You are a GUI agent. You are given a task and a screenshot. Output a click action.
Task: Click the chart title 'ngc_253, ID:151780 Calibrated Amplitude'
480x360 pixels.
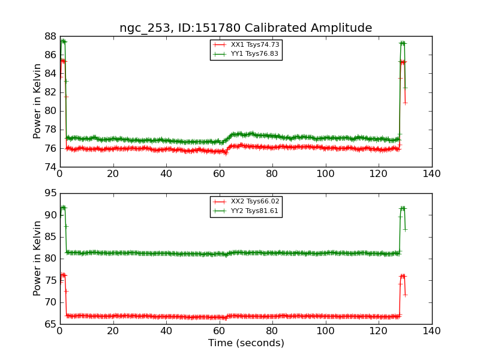click(x=245, y=28)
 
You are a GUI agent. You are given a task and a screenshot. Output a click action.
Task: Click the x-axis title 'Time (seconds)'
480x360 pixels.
click(x=246, y=343)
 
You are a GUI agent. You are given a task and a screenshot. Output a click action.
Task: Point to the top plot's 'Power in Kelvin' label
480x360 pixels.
click(x=37, y=101)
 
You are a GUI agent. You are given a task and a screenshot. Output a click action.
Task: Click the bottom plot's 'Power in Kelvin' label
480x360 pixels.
click(x=37, y=258)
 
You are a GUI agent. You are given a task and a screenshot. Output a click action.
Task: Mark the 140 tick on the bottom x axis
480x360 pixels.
click(x=431, y=331)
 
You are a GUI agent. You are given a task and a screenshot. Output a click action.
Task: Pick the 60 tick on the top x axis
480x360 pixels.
click(x=219, y=173)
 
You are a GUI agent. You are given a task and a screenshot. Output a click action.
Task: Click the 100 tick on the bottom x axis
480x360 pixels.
click(x=325, y=331)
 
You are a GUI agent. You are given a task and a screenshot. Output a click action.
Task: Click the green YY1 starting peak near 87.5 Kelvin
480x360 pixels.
click(x=63, y=41)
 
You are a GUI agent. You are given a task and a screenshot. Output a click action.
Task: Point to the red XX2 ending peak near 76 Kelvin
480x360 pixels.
click(x=403, y=276)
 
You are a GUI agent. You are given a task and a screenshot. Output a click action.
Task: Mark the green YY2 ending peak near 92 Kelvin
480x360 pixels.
click(x=403, y=208)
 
